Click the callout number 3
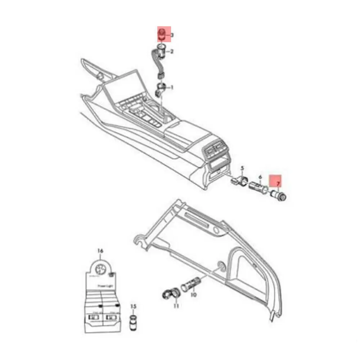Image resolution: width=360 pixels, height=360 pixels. click(172, 35)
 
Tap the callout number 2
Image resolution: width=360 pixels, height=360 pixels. click(172, 52)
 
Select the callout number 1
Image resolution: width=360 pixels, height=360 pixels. click(172, 87)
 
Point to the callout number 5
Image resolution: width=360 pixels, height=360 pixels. click(242, 168)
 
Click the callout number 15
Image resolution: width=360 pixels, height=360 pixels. click(133, 306)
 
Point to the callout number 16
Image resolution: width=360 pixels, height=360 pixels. click(100, 251)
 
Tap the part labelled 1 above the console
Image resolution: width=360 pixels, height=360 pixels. click(161, 89)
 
